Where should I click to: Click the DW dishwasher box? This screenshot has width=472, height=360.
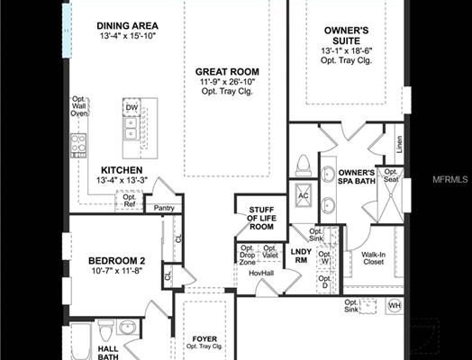pos(132,108)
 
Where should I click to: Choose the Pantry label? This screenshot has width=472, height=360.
pos(163,209)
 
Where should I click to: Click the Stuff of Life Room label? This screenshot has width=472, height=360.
pos(260,219)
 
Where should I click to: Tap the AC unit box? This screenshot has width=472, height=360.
pos(303,196)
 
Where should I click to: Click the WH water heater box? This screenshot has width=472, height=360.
pos(393,306)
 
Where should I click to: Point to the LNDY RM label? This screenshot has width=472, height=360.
pos(300,256)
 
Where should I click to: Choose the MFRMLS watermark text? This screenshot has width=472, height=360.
pos(449,181)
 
